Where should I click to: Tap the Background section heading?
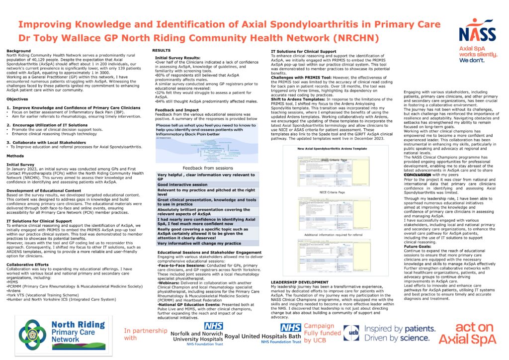[18, 51]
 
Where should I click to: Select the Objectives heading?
[17, 99]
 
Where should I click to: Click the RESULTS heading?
[161, 51]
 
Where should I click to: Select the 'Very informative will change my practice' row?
[198, 243]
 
